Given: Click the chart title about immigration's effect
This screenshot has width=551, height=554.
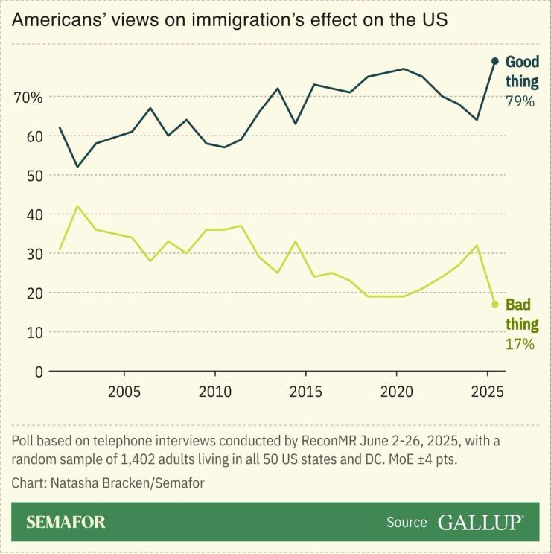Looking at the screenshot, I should click(x=229, y=19).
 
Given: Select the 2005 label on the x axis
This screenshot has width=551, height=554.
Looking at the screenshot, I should click(x=124, y=392).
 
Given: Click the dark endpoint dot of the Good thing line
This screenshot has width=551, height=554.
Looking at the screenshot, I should click(x=494, y=61).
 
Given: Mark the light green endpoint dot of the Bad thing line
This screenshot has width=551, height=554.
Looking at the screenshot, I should click(x=494, y=304).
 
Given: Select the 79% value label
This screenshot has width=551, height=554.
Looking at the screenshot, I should click(x=520, y=101).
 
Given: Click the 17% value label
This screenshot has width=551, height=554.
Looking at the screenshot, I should click(x=520, y=344).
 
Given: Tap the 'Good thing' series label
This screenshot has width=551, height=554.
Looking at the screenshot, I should click(x=521, y=71).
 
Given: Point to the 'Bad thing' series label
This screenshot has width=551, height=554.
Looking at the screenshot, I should click(x=521, y=314).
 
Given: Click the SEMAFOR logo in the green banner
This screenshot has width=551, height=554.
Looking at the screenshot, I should click(x=66, y=522).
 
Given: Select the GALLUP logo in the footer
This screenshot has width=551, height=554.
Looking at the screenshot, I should click(x=480, y=522).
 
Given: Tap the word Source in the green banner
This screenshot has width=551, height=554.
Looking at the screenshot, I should click(x=407, y=523).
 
